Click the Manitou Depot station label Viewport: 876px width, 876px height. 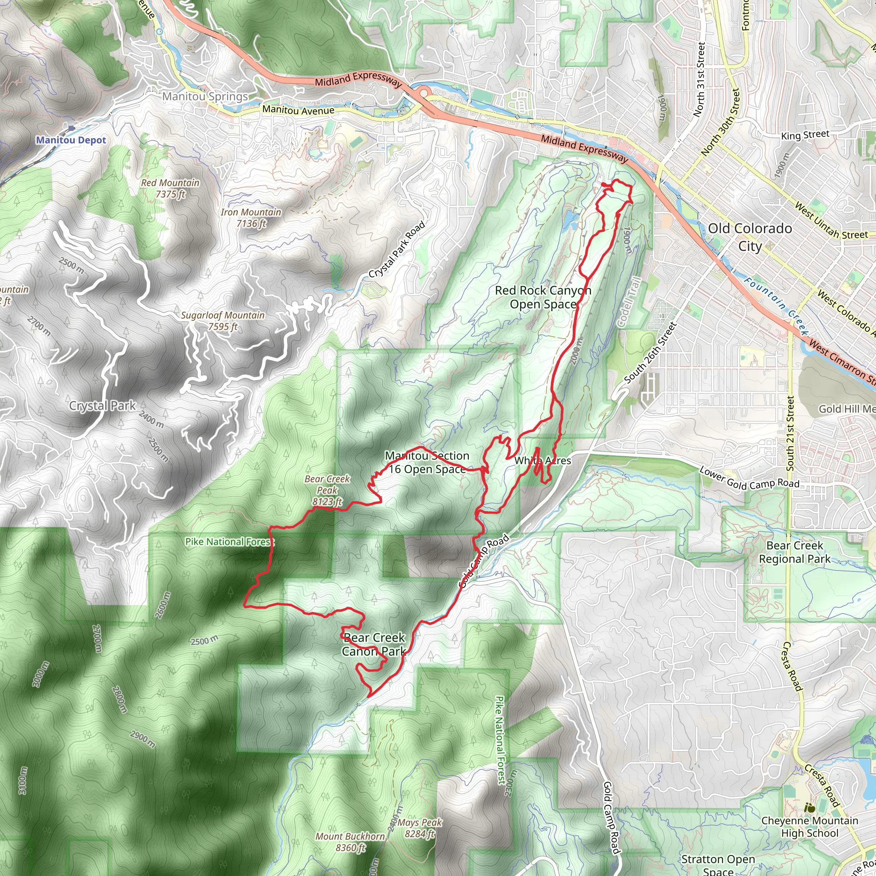click(x=71, y=140)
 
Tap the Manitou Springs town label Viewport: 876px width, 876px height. click(x=205, y=97)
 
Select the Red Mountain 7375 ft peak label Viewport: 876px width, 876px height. click(x=170, y=188)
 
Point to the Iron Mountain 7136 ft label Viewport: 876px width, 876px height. click(x=251, y=218)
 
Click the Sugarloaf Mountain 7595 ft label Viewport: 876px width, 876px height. click(x=222, y=320)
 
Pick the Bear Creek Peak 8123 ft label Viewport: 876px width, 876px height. click(x=327, y=490)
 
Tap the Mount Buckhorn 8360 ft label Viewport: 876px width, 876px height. click(x=350, y=842)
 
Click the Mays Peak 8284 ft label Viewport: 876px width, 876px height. click(x=420, y=828)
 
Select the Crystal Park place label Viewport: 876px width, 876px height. click(x=102, y=406)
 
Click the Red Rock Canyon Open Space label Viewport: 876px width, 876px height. click(x=543, y=297)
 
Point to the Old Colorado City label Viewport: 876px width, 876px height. click(x=750, y=237)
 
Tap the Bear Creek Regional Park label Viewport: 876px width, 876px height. click(x=795, y=552)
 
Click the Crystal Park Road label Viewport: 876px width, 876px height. click(x=397, y=249)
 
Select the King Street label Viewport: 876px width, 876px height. click(x=805, y=135)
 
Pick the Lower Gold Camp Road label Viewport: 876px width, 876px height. click(x=749, y=478)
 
